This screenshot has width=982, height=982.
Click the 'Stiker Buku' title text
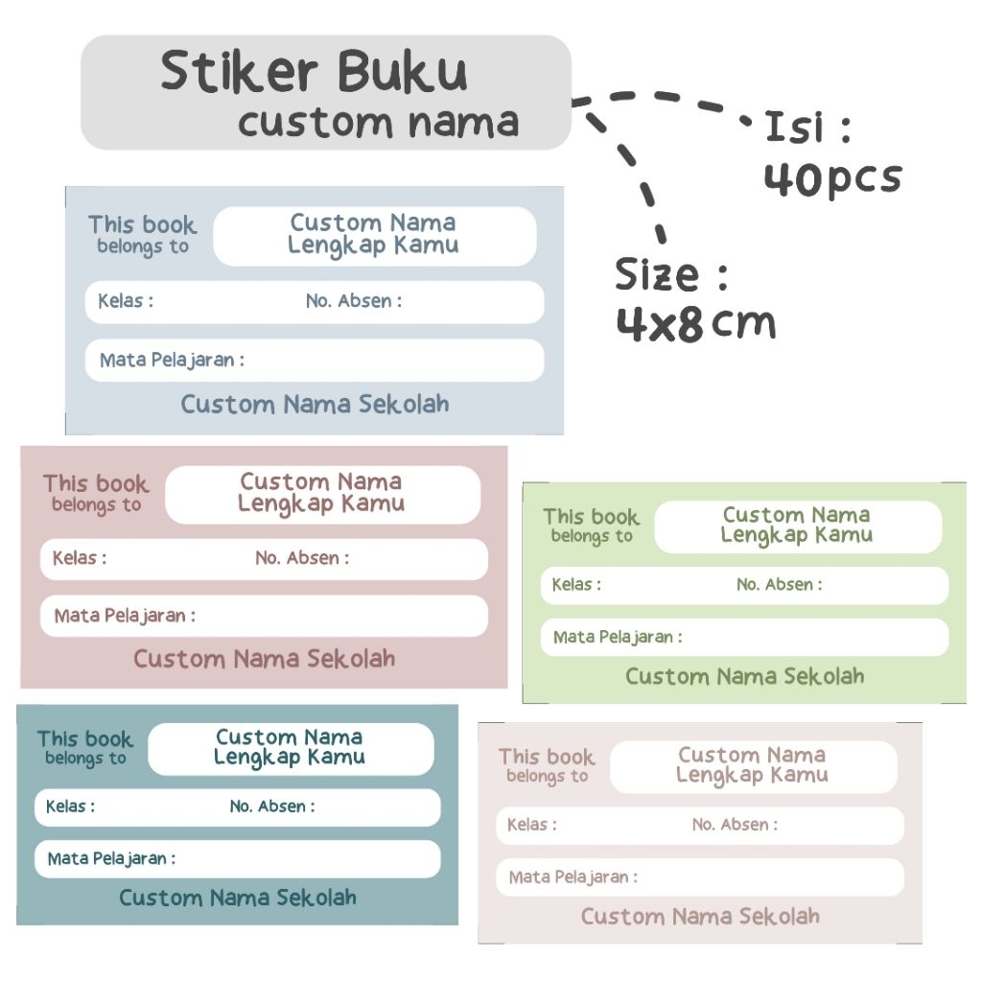point(314,73)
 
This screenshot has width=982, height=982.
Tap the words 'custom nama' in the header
point(378,123)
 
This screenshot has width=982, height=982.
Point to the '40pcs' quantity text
point(832,178)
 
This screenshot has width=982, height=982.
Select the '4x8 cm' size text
point(695,325)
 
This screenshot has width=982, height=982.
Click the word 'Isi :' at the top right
point(807,128)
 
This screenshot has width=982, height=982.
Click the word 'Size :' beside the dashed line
point(671,276)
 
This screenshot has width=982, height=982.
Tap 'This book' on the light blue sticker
point(142,225)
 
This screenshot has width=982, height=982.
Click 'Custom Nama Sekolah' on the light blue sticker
point(315,404)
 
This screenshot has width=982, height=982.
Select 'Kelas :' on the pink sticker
point(80,557)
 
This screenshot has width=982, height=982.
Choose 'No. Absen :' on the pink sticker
point(302,557)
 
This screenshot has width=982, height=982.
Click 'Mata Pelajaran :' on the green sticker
point(618,637)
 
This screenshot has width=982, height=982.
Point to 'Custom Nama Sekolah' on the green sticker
point(744,676)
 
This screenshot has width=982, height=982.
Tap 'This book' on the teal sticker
point(85,739)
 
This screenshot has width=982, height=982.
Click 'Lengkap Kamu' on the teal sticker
point(289,758)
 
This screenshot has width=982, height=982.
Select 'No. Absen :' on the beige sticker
point(735,825)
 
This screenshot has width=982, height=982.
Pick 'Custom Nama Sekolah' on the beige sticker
point(700,917)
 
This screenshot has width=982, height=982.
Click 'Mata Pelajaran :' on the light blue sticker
point(172,361)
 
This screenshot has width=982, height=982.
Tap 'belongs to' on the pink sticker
point(96,505)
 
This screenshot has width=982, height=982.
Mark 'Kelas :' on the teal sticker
point(70,807)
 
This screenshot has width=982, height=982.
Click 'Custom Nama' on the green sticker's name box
point(796,515)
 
